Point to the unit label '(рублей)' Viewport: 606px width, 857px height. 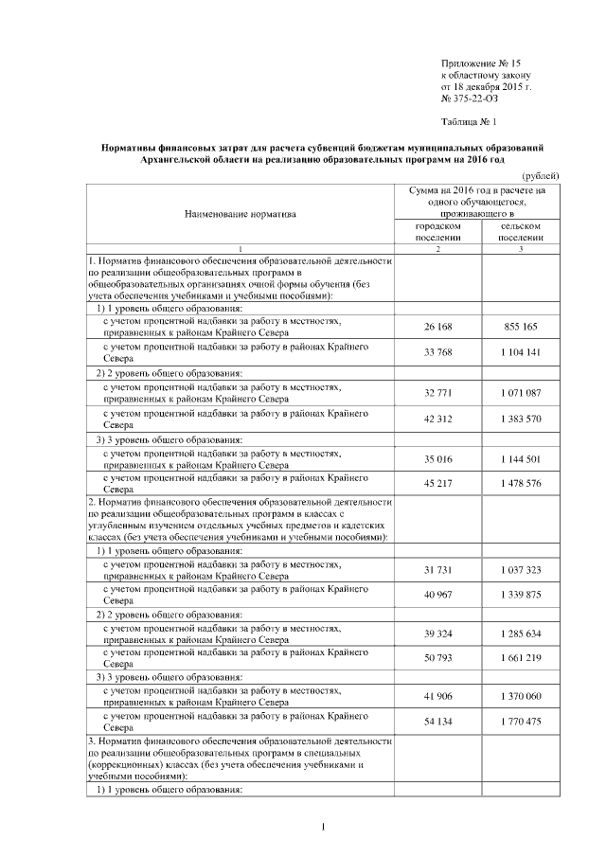(x=541, y=175)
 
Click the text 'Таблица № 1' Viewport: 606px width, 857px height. (x=469, y=122)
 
